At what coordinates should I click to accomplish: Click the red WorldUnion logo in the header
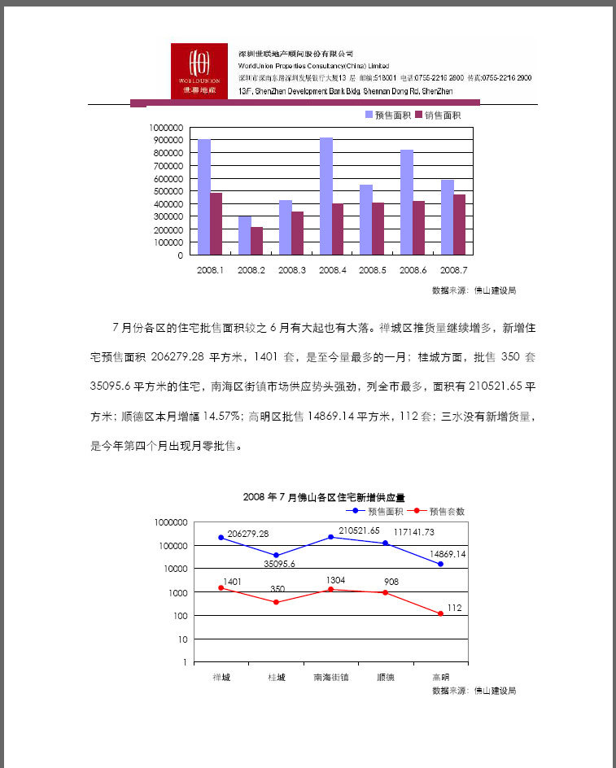[199, 71]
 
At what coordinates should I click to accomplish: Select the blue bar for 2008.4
[325, 196]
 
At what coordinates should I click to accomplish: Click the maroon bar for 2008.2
[257, 241]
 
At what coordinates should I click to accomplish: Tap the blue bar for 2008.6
[407, 203]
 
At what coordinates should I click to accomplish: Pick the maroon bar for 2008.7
[460, 225]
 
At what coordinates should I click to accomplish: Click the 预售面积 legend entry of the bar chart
[388, 116]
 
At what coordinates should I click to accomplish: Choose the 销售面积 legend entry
[439, 116]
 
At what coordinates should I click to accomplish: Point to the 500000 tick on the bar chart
[167, 191]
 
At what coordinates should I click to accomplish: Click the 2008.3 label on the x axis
[291, 269]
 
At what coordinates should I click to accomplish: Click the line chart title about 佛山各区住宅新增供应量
[324, 497]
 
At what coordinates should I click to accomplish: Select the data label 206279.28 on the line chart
[248, 534]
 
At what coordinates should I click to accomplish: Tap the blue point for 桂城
[276, 555]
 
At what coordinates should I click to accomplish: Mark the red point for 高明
[441, 613]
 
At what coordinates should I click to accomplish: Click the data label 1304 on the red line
[335, 580]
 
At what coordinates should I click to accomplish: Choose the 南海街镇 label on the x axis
[330, 677]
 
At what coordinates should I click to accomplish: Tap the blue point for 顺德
[386, 543]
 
